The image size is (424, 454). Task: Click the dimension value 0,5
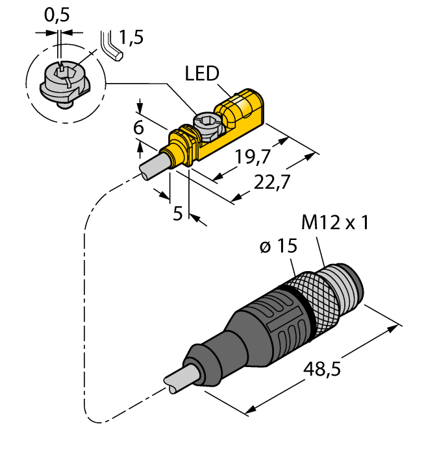click(x=58, y=15)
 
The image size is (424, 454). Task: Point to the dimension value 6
click(x=138, y=128)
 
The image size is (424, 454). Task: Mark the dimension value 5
click(x=177, y=213)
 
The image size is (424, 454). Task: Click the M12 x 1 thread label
click(x=335, y=223)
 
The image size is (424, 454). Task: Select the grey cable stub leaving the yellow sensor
click(x=153, y=165)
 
